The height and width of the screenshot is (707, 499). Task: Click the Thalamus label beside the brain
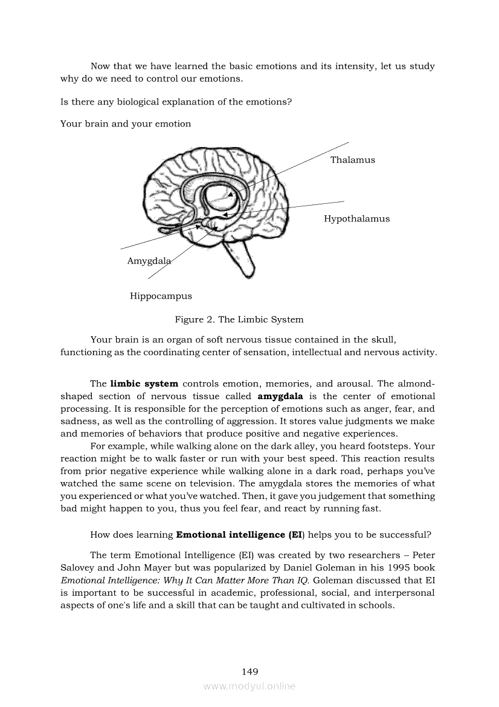coord(352,160)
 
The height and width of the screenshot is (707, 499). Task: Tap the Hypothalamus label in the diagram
coord(356,219)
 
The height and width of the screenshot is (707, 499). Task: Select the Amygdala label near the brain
coord(149,261)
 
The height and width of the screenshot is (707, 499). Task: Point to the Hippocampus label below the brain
coord(161,296)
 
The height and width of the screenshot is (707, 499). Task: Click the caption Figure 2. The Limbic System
coord(239,319)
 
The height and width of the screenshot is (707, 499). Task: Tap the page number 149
coord(249,671)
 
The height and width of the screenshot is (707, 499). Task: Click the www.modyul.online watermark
coord(249,686)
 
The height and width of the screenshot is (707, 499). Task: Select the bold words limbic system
coord(144,383)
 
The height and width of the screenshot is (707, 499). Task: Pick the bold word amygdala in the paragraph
coord(280,397)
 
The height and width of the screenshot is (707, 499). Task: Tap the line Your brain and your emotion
coord(126,124)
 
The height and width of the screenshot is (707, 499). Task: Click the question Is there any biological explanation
coord(176,102)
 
